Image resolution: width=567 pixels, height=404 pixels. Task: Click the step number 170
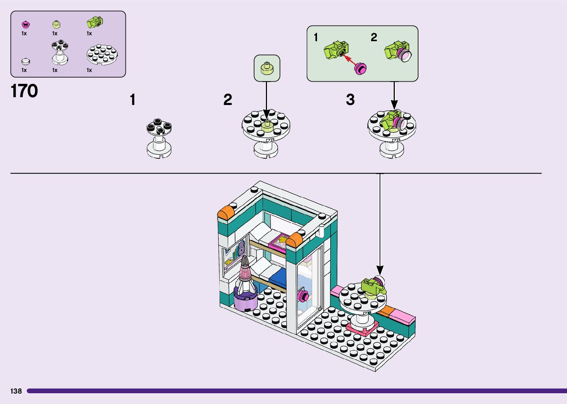click(x=24, y=91)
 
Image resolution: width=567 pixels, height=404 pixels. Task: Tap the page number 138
click(x=16, y=391)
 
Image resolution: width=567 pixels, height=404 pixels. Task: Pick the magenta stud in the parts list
click(x=26, y=25)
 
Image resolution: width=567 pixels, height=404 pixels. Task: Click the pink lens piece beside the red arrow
click(x=360, y=69)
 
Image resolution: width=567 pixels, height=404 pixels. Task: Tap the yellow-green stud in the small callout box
click(x=267, y=68)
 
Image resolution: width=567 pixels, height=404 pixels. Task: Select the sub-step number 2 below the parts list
click(x=227, y=100)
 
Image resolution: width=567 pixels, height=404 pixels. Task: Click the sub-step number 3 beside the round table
click(x=350, y=100)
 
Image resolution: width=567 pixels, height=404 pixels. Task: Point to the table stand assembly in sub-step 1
click(x=159, y=139)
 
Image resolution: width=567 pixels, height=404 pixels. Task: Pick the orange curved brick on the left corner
click(x=225, y=214)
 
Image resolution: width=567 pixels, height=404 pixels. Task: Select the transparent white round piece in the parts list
click(x=25, y=62)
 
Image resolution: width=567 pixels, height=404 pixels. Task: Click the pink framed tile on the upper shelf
click(x=279, y=242)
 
